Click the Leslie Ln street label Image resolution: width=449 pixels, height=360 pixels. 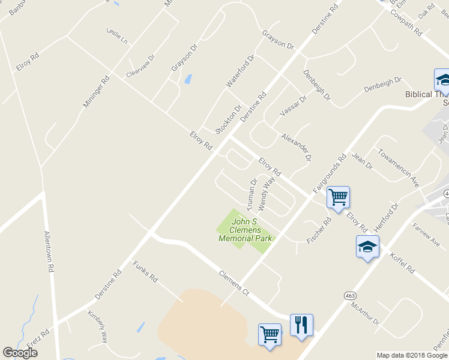click(x=117, y=36)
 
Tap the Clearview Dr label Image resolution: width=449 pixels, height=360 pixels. click(x=140, y=66)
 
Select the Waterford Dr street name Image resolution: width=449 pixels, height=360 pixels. click(x=240, y=71)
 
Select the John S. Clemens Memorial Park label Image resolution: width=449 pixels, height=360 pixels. click(x=246, y=230)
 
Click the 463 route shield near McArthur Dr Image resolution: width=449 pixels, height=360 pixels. click(x=350, y=296)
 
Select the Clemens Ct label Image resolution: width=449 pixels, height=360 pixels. click(x=233, y=282)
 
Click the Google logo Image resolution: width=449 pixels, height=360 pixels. click(x=20, y=353)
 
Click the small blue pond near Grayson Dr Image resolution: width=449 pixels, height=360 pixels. click(x=188, y=79)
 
